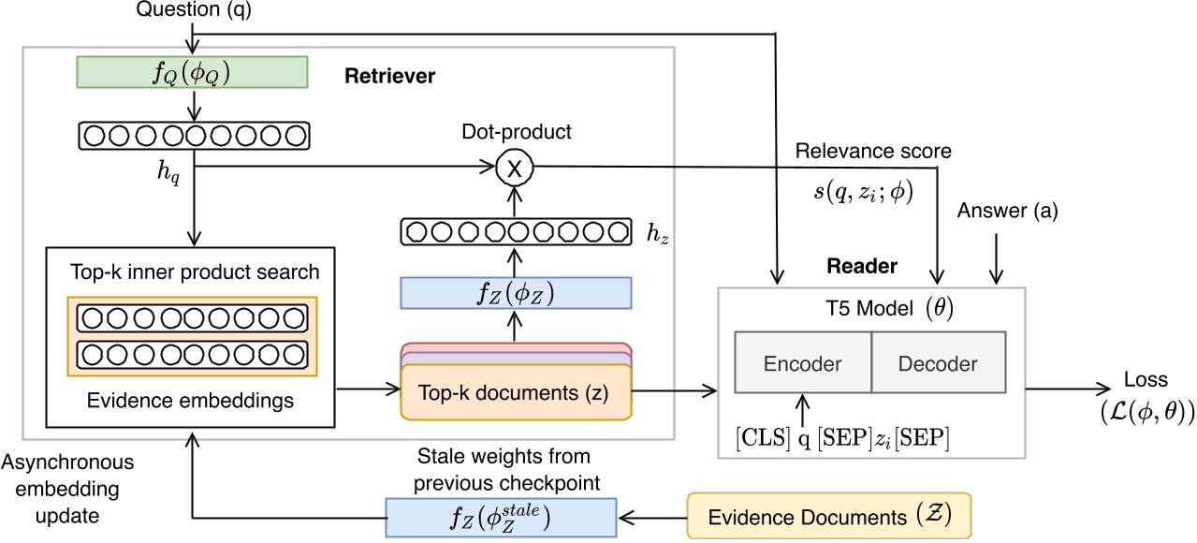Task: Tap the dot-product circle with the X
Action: tap(513, 168)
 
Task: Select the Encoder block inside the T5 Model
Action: tap(803, 363)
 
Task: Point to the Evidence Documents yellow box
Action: tap(828, 515)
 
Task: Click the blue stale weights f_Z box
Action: tap(502, 516)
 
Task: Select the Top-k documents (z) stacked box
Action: tap(515, 392)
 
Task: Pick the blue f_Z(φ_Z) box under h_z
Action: tap(516, 292)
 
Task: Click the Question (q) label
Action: tap(193, 10)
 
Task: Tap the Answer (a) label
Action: tap(1008, 212)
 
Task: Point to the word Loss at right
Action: tap(1145, 381)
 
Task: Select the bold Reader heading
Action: tap(861, 267)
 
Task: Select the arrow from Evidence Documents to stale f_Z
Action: tap(652, 516)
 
